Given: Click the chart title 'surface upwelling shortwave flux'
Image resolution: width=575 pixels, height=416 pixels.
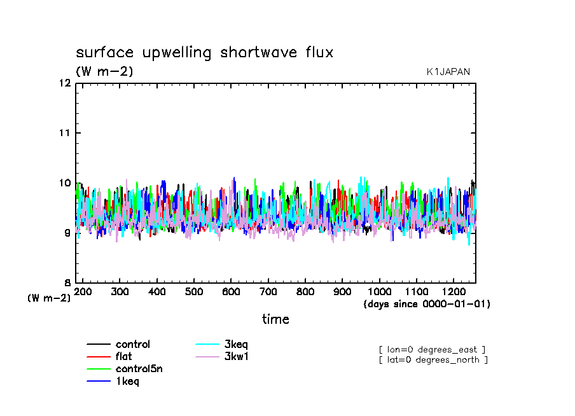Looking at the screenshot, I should pos(204,53).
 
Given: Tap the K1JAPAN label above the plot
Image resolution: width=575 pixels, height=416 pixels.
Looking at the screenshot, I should pos(448,72).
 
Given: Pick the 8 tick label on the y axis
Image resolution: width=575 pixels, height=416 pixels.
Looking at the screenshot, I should pos(66,283).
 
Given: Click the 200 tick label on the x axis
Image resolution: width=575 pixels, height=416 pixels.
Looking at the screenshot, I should pos(83,291).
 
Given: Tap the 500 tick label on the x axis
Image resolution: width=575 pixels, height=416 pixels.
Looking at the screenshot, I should pos(194,291).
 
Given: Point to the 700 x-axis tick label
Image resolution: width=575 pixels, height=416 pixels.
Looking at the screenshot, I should pos(268,291).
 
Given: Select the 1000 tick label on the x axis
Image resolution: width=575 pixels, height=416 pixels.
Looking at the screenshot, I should pos(379,291).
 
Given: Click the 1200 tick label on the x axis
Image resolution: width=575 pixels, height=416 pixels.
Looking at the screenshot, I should pos(453,291).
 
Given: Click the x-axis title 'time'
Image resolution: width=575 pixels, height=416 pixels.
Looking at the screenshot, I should pos(275,319).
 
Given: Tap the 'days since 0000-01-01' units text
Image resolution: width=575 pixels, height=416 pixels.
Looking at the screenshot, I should pos(427,304).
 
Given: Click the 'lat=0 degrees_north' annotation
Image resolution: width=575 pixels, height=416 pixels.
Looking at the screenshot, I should pos(433,360).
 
